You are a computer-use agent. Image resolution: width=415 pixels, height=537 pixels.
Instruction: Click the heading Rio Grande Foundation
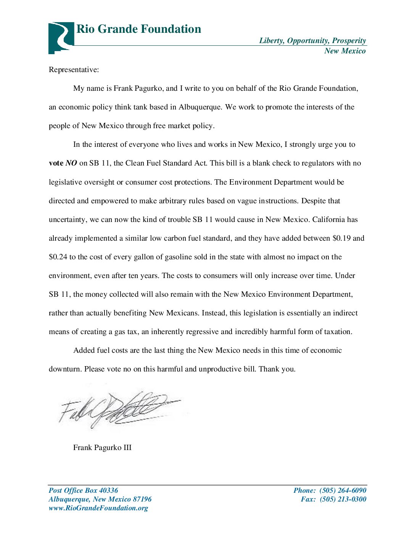[139, 29]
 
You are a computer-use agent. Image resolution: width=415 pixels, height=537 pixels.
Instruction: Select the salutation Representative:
[74, 70]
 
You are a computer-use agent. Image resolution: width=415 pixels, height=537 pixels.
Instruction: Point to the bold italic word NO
[71, 163]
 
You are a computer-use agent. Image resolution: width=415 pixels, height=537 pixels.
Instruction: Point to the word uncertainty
[68, 220]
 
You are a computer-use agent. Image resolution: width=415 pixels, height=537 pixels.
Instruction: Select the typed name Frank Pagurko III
[102, 448]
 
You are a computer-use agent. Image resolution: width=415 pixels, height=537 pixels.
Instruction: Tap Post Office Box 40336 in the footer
[83, 490]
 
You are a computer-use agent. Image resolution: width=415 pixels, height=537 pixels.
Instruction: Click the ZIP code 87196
[142, 499]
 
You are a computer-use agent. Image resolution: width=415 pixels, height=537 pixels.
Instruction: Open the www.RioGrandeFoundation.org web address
[98, 508]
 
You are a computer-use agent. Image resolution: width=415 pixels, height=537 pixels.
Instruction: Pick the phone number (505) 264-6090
[343, 490]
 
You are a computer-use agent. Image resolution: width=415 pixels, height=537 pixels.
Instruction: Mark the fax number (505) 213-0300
[343, 499]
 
